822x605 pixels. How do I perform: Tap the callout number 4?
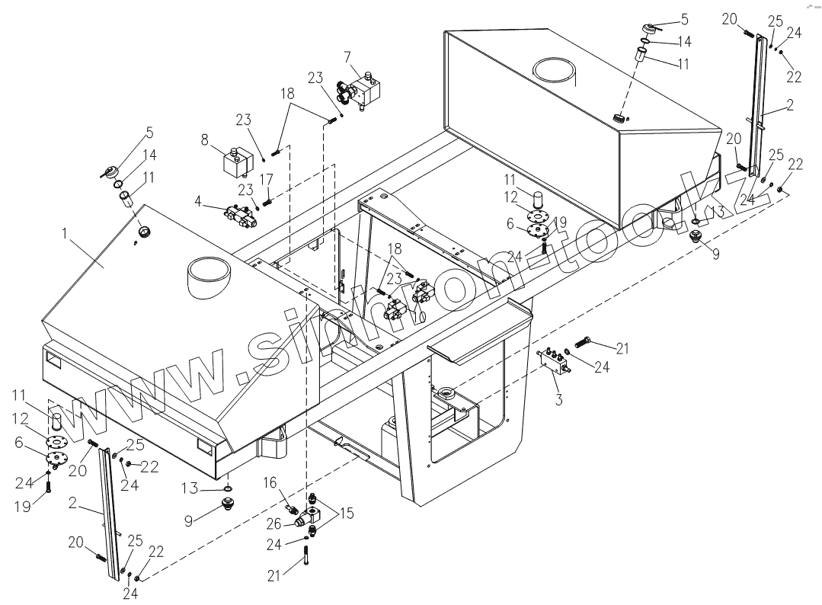198,201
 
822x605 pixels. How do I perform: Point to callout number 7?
347,57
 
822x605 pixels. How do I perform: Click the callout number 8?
204,139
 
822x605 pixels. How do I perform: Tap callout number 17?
267,180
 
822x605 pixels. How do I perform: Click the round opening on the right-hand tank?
555,71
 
